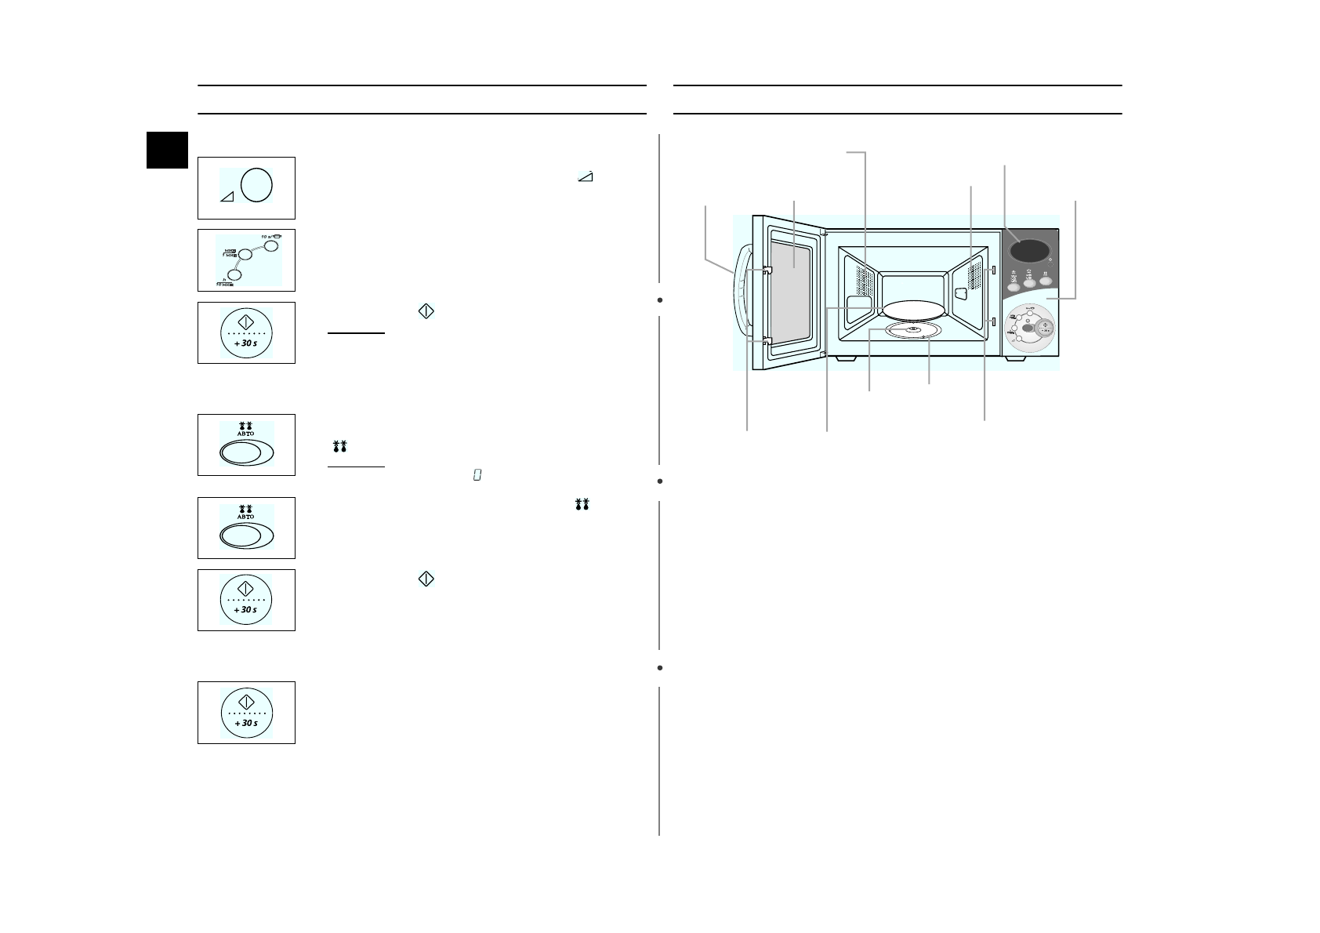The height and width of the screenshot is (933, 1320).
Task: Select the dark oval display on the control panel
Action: tap(1028, 251)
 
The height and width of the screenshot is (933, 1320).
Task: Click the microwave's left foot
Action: tap(846, 358)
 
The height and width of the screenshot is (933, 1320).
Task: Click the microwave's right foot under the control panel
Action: tap(1015, 358)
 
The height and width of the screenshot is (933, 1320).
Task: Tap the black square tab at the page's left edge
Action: tap(168, 150)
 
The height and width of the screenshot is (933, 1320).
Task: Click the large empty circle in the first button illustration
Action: tap(256, 185)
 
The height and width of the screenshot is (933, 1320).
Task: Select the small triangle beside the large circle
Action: tap(227, 197)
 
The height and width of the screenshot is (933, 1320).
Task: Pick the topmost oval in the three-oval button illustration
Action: tap(270, 245)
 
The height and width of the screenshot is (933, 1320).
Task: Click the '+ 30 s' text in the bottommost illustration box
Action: tap(246, 722)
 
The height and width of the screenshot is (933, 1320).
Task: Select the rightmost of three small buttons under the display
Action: tap(1046, 280)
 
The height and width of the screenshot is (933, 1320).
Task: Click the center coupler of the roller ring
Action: tap(912, 329)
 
